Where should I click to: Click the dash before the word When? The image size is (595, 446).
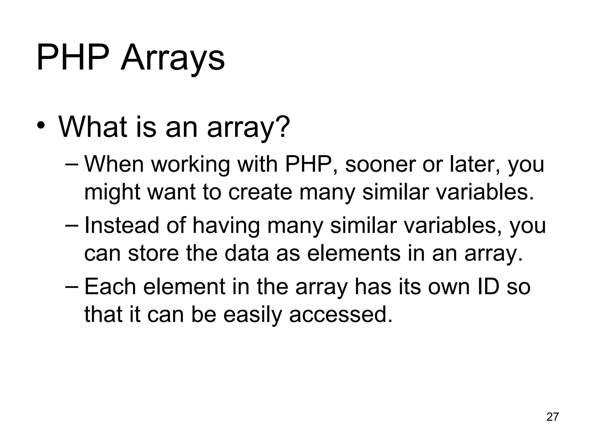point(72,165)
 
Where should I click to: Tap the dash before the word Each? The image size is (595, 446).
point(72,287)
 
